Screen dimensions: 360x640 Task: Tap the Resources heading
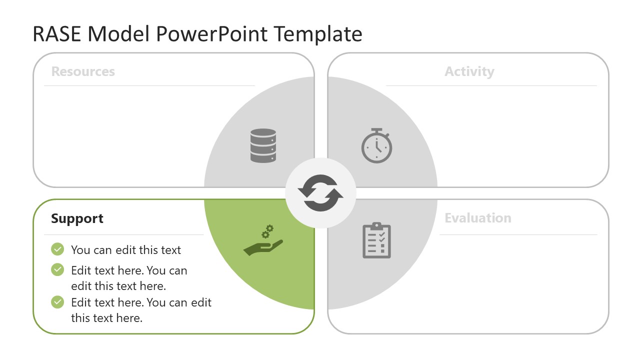click(83, 71)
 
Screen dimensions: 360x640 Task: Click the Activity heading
click(469, 71)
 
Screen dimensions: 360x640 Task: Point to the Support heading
click(77, 218)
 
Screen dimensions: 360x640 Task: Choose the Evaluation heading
click(477, 218)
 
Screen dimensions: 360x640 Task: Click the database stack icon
click(263, 145)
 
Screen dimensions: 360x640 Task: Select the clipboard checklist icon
click(376, 240)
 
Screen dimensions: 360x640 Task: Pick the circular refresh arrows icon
click(320, 193)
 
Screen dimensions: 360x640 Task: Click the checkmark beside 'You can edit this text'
click(57, 249)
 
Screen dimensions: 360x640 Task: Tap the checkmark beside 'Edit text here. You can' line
click(57, 270)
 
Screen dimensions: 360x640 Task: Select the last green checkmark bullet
click(57, 302)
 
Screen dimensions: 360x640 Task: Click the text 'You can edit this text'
click(126, 250)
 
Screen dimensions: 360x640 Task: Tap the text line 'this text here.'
click(106, 318)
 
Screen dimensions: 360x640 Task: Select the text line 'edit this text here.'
click(118, 286)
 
